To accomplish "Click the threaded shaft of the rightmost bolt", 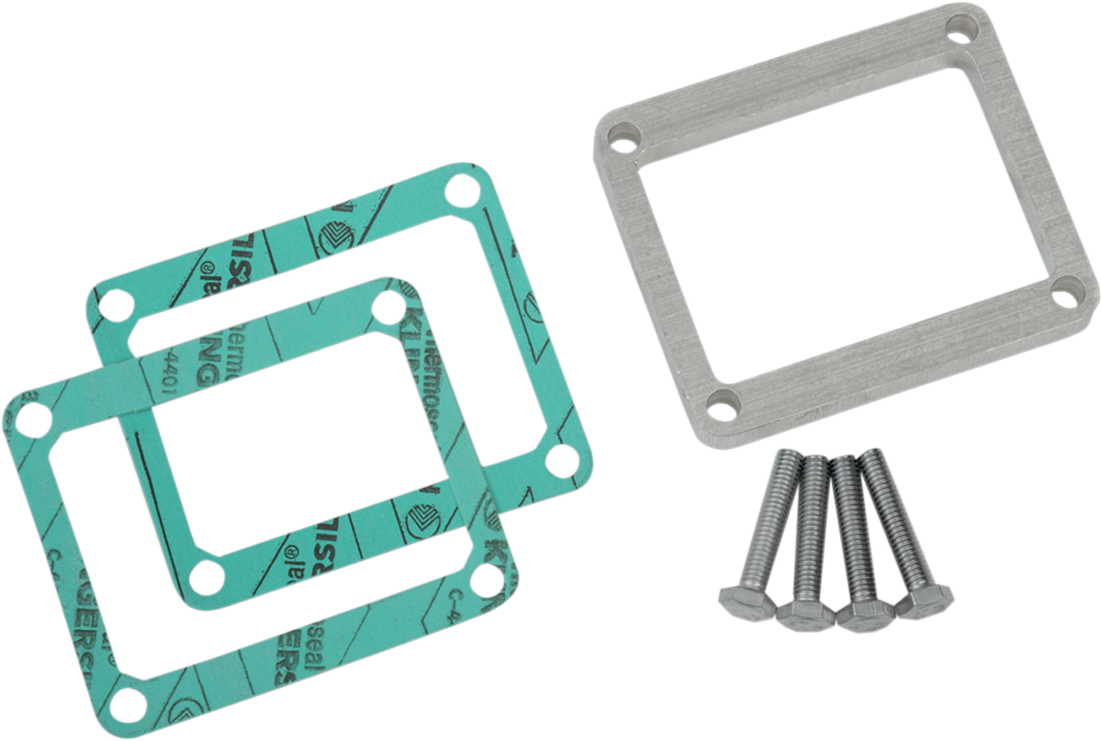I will (x=886, y=514).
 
